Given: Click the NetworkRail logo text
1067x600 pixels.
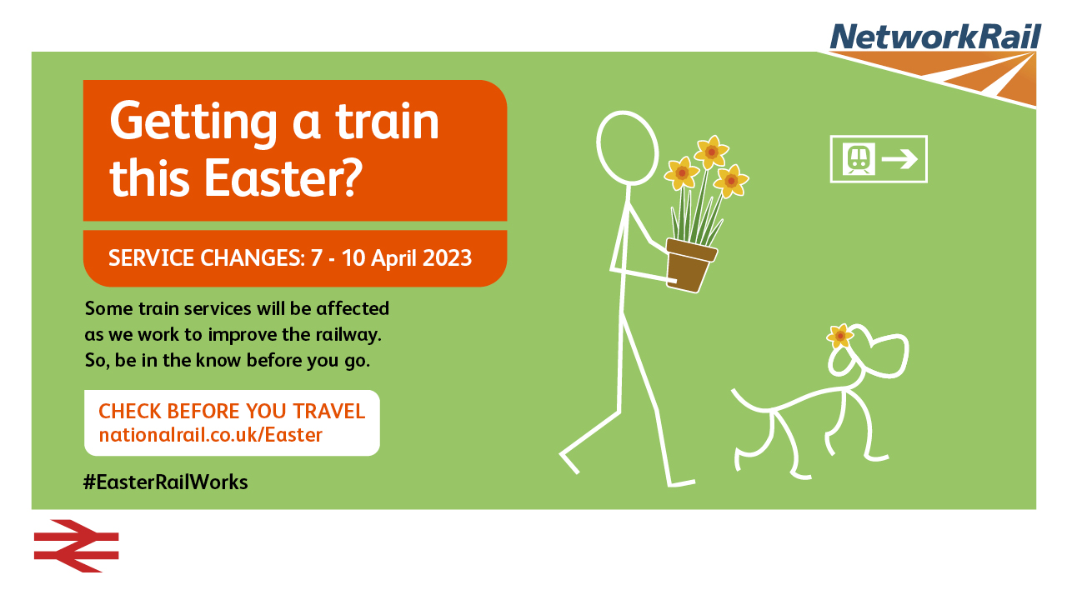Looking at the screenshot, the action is (935, 37).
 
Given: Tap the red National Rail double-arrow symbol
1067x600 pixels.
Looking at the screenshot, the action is (76, 546).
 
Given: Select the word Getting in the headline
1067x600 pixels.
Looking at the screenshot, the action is (193, 122).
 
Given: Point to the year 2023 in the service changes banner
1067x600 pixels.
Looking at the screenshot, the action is (447, 258).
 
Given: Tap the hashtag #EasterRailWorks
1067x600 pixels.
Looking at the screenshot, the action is (166, 482).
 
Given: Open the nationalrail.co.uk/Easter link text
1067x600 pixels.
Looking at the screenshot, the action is (211, 435).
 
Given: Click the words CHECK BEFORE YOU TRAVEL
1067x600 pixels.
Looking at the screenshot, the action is (232, 411).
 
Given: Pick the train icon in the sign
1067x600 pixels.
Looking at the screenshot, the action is (859, 158).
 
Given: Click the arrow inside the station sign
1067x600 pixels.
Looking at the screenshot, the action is (899, 159).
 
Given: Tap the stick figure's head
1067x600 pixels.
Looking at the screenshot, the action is (628, 148).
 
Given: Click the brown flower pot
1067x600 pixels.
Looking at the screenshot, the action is (690, 265).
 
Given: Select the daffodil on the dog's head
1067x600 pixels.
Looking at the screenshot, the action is (839, 336).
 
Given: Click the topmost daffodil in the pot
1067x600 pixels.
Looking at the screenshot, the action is (712, 152).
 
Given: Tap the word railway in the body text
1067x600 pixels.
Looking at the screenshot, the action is (348, 335).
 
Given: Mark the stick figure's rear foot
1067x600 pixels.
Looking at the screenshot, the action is (569, 461).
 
